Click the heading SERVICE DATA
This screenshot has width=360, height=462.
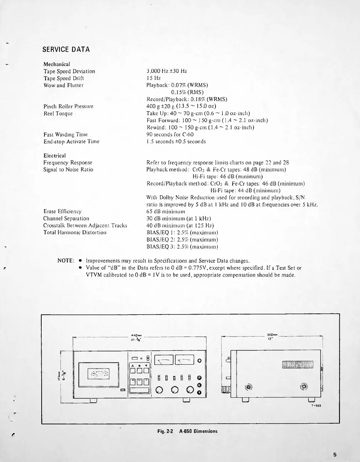tap(66, 49)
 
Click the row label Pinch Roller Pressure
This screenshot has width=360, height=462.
tap(68, 106)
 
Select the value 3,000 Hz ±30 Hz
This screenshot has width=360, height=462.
tap(166, 71)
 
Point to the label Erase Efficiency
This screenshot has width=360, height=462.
tap(62, 211)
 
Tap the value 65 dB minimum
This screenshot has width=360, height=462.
tap(166, 211)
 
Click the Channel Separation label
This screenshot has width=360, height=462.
tap(66, 219)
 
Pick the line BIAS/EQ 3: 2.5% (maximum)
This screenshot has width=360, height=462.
tap(182, 247)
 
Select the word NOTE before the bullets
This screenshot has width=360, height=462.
tap(66, 261)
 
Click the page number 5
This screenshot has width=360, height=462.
tap(335, 454)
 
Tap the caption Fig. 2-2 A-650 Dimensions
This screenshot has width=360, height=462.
tap(187, 431)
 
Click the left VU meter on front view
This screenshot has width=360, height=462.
tap(164, 360)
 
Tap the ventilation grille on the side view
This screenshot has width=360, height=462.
tap(298, 365)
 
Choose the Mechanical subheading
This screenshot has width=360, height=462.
tap(57, 64)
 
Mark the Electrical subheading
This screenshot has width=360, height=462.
tap(54, 156)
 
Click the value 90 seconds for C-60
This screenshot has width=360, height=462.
tap(170, 134)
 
